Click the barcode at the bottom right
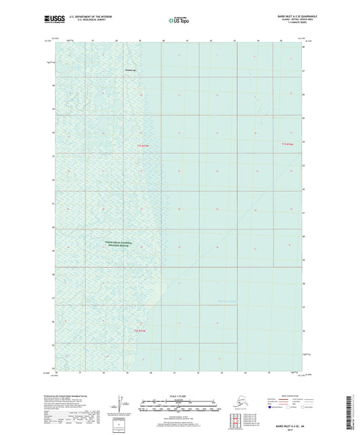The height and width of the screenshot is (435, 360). (x=354, y=411)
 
